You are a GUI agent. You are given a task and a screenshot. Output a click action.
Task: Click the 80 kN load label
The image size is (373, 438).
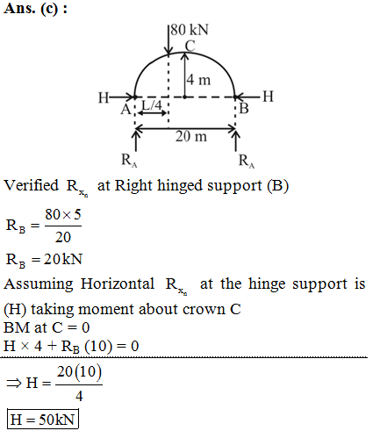190,30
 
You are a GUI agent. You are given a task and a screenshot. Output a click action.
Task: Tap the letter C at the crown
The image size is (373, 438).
190,46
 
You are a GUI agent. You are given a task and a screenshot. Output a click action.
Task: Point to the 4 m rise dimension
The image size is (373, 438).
198,80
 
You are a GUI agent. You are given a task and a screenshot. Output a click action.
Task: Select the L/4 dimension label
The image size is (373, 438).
152,105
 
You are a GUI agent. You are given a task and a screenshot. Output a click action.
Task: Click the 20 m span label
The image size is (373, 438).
191,136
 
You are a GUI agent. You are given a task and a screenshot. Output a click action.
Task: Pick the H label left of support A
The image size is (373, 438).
104,97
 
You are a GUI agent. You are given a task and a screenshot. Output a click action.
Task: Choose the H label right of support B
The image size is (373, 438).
268,97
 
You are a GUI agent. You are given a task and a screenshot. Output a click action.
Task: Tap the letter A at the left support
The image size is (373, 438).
126,110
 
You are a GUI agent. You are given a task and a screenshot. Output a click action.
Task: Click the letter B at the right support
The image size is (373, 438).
244,109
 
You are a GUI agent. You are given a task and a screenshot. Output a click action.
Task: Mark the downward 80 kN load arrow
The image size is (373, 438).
169,40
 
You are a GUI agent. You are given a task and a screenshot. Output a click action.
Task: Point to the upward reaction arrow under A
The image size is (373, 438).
135,141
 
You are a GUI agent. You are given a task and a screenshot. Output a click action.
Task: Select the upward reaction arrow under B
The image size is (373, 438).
236,141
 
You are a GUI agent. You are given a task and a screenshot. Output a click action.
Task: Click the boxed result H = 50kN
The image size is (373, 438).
43,420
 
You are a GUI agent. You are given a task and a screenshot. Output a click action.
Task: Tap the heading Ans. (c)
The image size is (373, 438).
35,9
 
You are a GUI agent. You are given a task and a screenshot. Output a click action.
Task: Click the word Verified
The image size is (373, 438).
31,185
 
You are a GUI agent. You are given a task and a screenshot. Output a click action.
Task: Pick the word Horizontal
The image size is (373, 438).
118,284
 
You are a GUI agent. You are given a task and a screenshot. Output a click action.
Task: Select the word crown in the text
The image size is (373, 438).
204,310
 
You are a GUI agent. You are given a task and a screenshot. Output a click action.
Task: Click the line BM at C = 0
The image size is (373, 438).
47,327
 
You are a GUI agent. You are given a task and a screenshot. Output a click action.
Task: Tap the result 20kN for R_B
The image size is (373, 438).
63,259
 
